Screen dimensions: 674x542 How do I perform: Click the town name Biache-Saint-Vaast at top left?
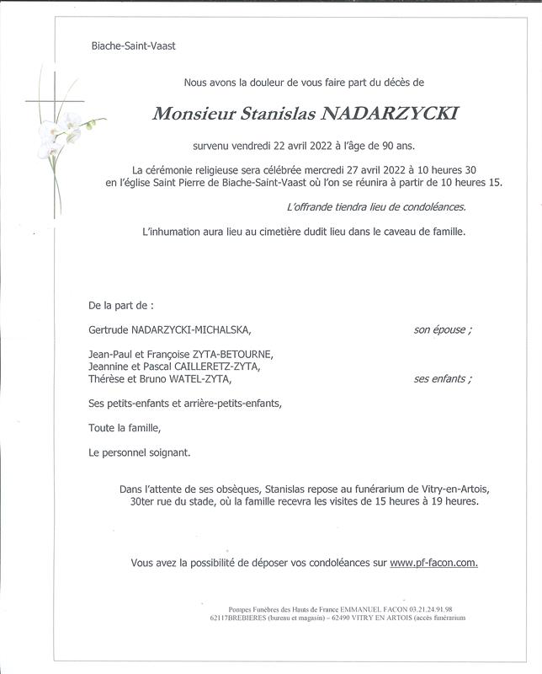point(133,45)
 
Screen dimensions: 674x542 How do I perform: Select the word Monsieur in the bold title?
point(190,114)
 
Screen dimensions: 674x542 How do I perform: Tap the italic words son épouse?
point(443,329)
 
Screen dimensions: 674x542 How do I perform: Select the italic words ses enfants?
point(443,379)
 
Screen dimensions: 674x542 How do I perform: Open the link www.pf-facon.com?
point(433,562)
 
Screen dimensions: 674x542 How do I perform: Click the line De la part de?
point(121,304)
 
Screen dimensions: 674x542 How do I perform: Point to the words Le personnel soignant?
point(139,452)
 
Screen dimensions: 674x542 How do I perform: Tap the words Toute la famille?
point(124,428)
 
